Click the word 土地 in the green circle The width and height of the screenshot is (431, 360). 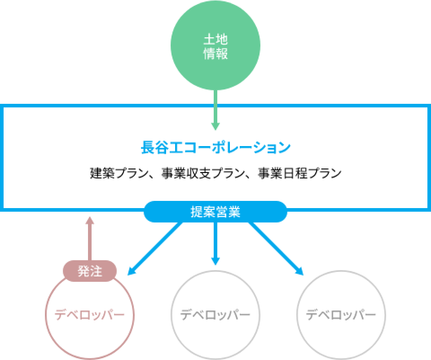point(215,40)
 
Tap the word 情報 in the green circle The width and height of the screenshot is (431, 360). point(215,54)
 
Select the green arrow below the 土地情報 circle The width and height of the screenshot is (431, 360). point(215,110)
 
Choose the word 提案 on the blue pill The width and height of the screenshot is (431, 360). point(202,212)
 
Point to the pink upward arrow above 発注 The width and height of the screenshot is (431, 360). point(90,238)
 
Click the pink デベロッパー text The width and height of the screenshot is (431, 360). point(89,315)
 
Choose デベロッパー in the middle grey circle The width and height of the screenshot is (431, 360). point(215,315)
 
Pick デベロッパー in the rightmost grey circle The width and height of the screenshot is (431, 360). point(341,315)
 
